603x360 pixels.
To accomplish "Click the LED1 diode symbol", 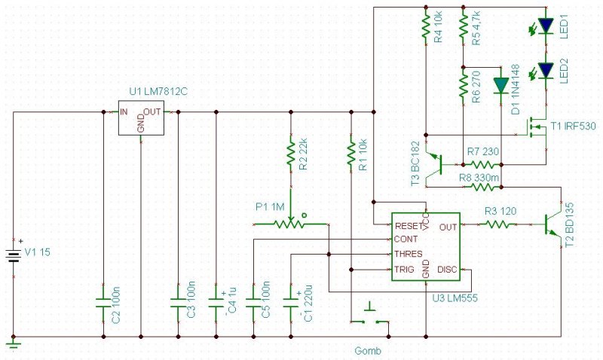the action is coord(546,26).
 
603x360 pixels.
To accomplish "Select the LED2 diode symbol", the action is coord(546,71).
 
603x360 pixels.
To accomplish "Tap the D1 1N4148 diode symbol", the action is coord(501,86).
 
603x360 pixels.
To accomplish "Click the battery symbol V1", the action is coord(14,255).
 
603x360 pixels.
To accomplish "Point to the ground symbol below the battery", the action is coord(14,343).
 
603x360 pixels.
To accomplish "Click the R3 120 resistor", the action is coord(497,224).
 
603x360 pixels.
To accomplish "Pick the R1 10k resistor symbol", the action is coord(350,154).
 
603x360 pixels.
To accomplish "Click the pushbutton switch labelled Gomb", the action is coord(370,317).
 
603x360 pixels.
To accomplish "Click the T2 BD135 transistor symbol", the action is coord(553,224).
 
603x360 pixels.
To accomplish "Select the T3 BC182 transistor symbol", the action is coord(434,164).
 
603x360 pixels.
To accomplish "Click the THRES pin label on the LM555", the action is coord(408,254).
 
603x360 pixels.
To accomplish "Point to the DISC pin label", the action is coord(447,270).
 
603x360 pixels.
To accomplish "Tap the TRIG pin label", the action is coord(404,270).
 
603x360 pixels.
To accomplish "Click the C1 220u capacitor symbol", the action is coord(291,304).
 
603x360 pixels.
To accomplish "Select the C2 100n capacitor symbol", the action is coord(103,304).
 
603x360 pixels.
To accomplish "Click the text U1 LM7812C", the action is coord(158,91).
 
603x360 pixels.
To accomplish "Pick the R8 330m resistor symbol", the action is coord(482,187).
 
